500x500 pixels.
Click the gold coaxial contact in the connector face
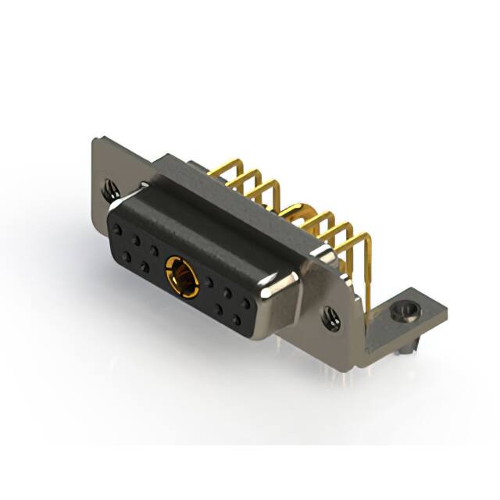click(181, 277)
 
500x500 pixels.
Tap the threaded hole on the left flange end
click(109, 188)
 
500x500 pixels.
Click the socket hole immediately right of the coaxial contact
click(209, 283)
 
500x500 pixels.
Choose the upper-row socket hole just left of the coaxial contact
click(154, 252)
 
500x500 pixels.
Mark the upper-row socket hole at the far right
click(245, 304)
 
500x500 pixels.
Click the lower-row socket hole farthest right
click(235, 320)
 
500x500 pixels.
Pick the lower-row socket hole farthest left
click(127, 256)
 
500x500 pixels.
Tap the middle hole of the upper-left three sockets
click(136, 241)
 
